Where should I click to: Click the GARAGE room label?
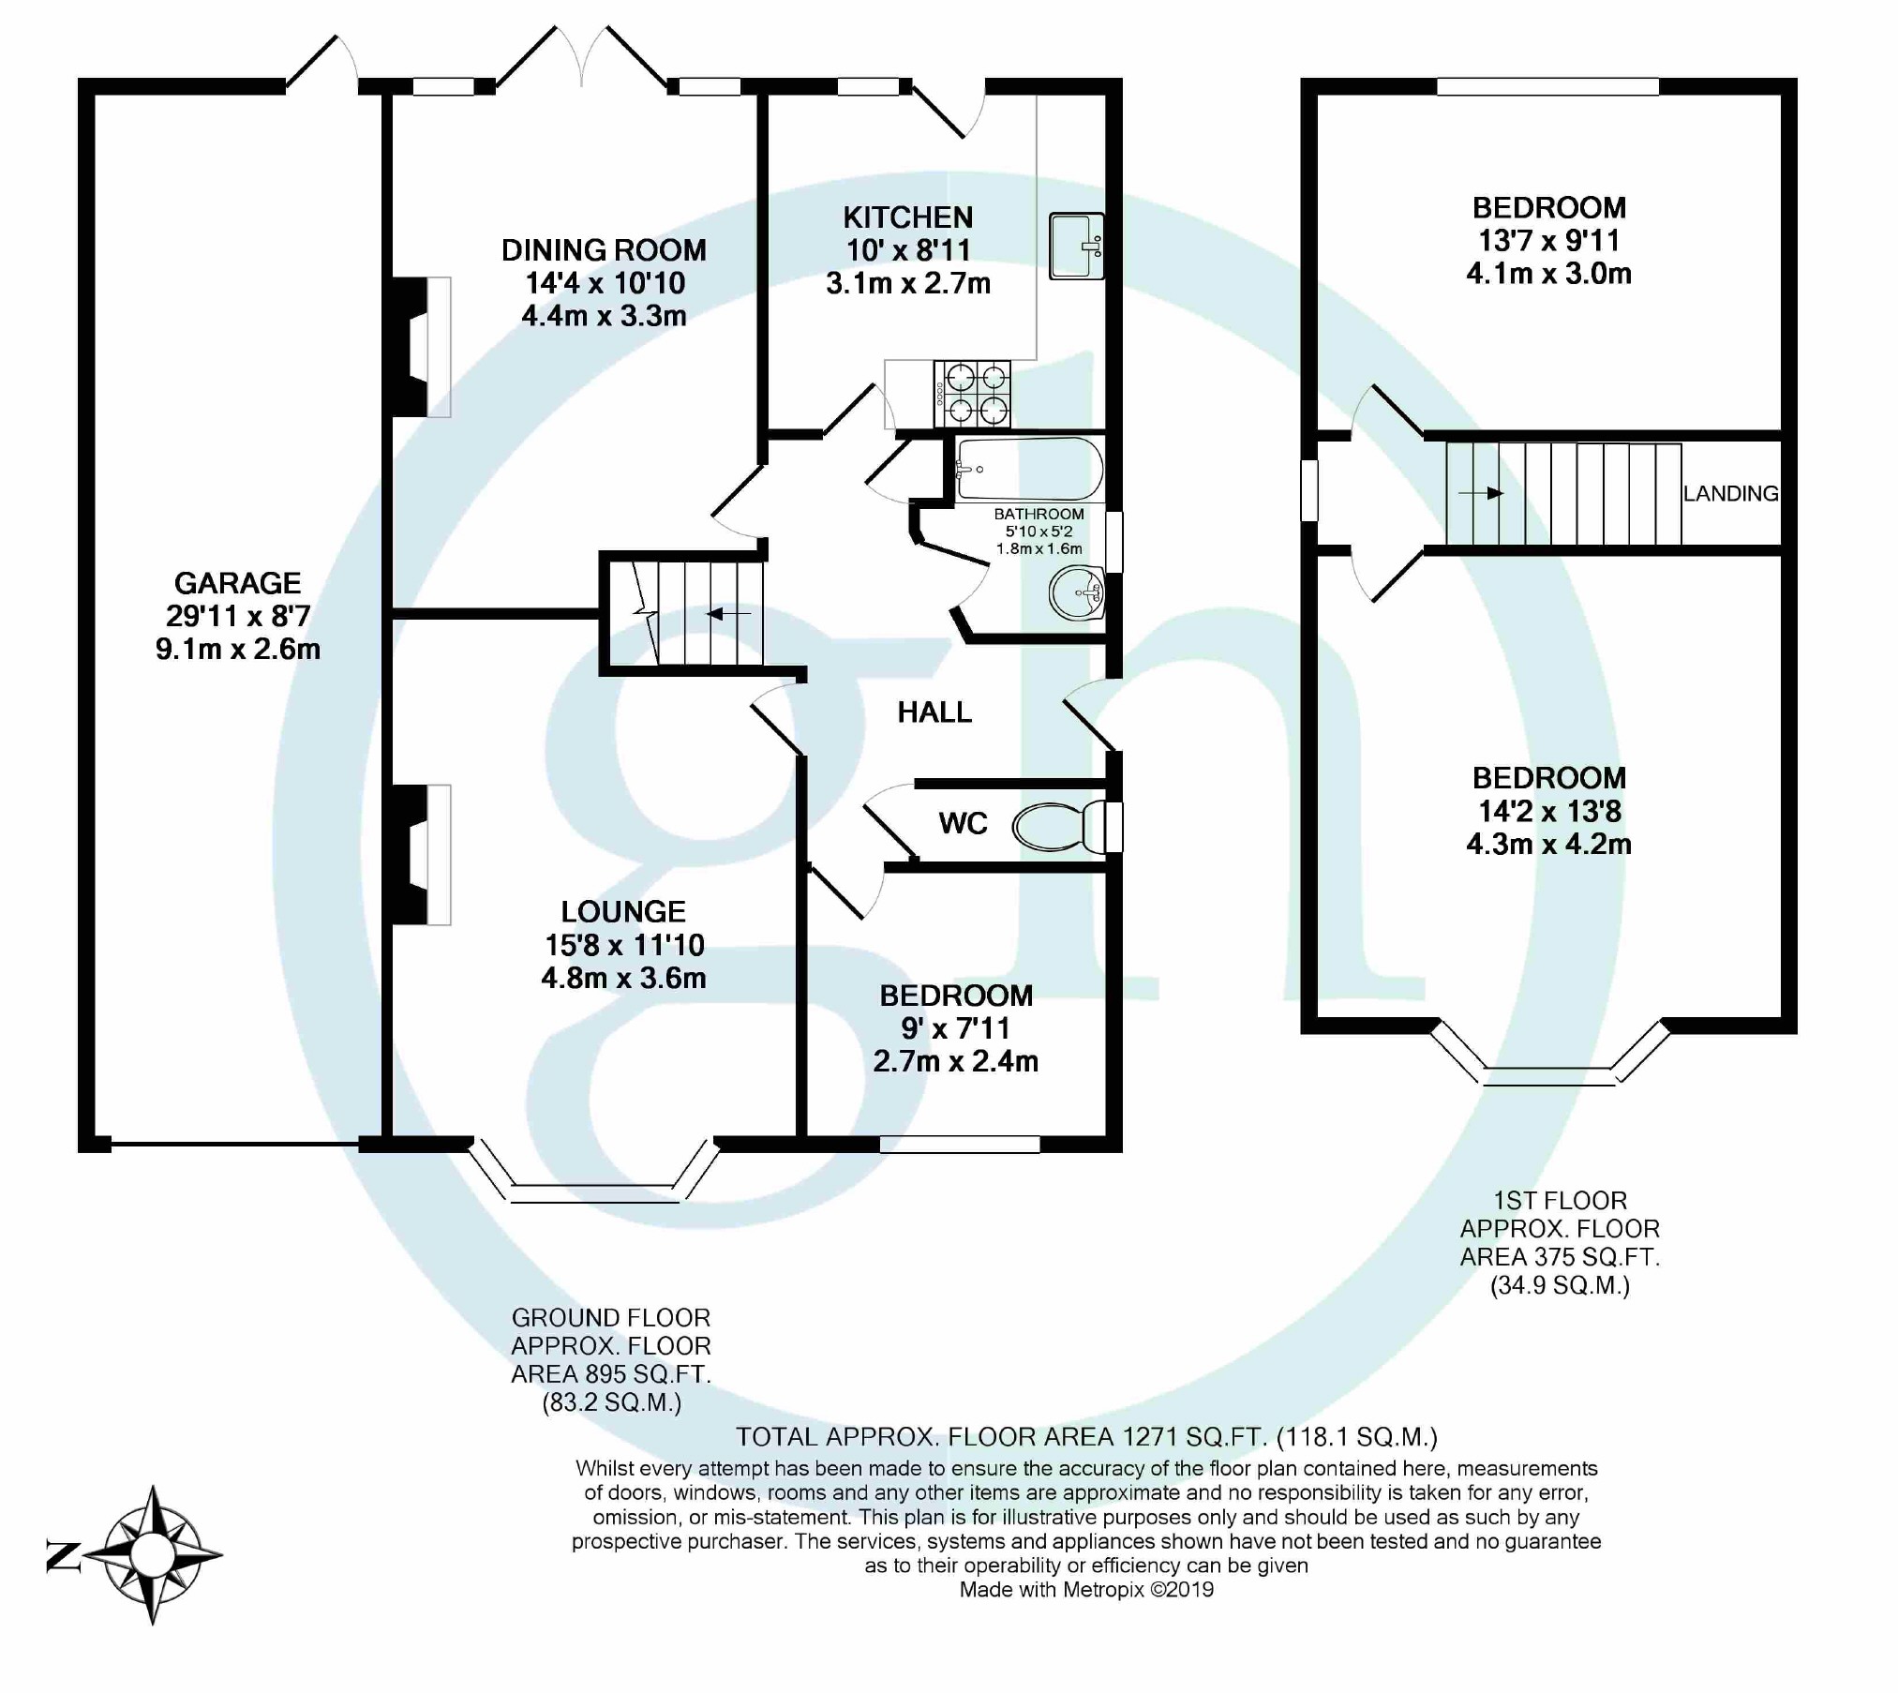point(237,583)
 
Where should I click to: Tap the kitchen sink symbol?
point(1075,247)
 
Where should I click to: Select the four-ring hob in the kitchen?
point(973,394)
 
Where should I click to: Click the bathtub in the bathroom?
point(1028,469)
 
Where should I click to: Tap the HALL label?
point(934,712)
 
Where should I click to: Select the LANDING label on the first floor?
point(1729,494)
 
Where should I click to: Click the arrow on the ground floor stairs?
point(728,614)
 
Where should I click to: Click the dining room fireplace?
point(421,347)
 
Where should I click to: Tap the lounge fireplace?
point(421,855)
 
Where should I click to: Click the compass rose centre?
point(152,1556)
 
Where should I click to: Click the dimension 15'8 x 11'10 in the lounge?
point(624,945)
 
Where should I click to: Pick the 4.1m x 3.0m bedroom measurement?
point(1548,274)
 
